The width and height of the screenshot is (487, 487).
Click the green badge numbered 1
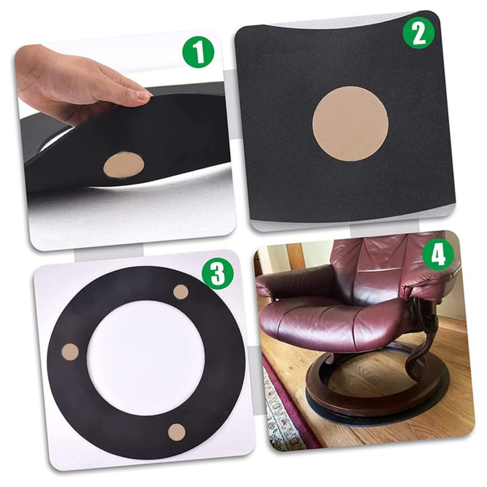[x=198, y=54]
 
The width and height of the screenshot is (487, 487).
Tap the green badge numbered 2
[x=418, y=33]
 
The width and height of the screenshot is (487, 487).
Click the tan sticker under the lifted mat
[x=124, y=165]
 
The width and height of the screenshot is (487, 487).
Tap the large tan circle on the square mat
[x=350, y=124]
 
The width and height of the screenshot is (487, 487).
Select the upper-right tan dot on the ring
[x=181, y=292]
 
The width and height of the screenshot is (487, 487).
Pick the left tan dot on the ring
[x=70, y=351]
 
